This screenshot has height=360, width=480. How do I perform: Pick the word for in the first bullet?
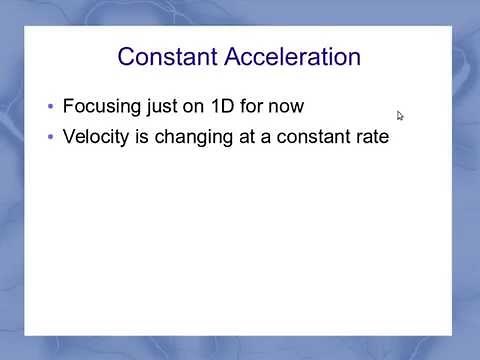tap(258, 105)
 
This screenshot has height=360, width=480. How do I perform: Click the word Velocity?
tap(98, 137)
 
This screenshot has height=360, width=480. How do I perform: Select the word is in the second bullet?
tap(146, 137)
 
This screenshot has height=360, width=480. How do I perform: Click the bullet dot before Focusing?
tap(50, 106)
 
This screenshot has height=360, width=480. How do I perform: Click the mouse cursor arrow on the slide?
tap(400, 115)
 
